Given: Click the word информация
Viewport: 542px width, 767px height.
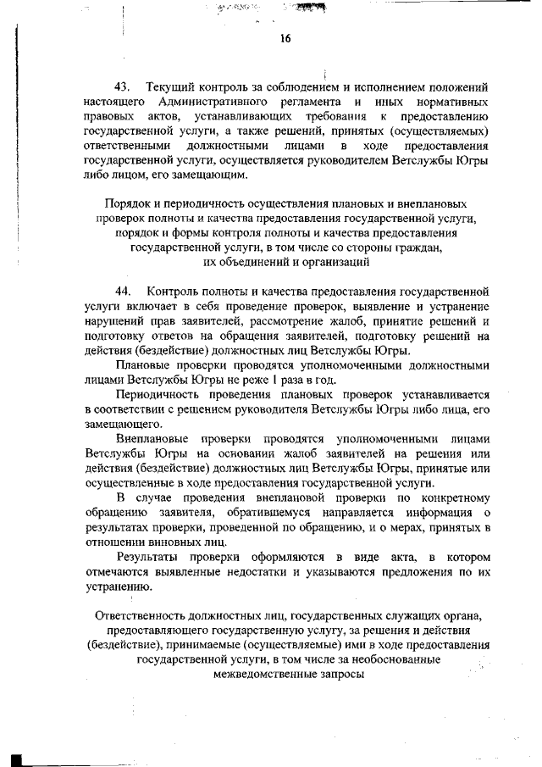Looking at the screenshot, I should (423, 514).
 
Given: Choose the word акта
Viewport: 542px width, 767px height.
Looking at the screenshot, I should (395, 558).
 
